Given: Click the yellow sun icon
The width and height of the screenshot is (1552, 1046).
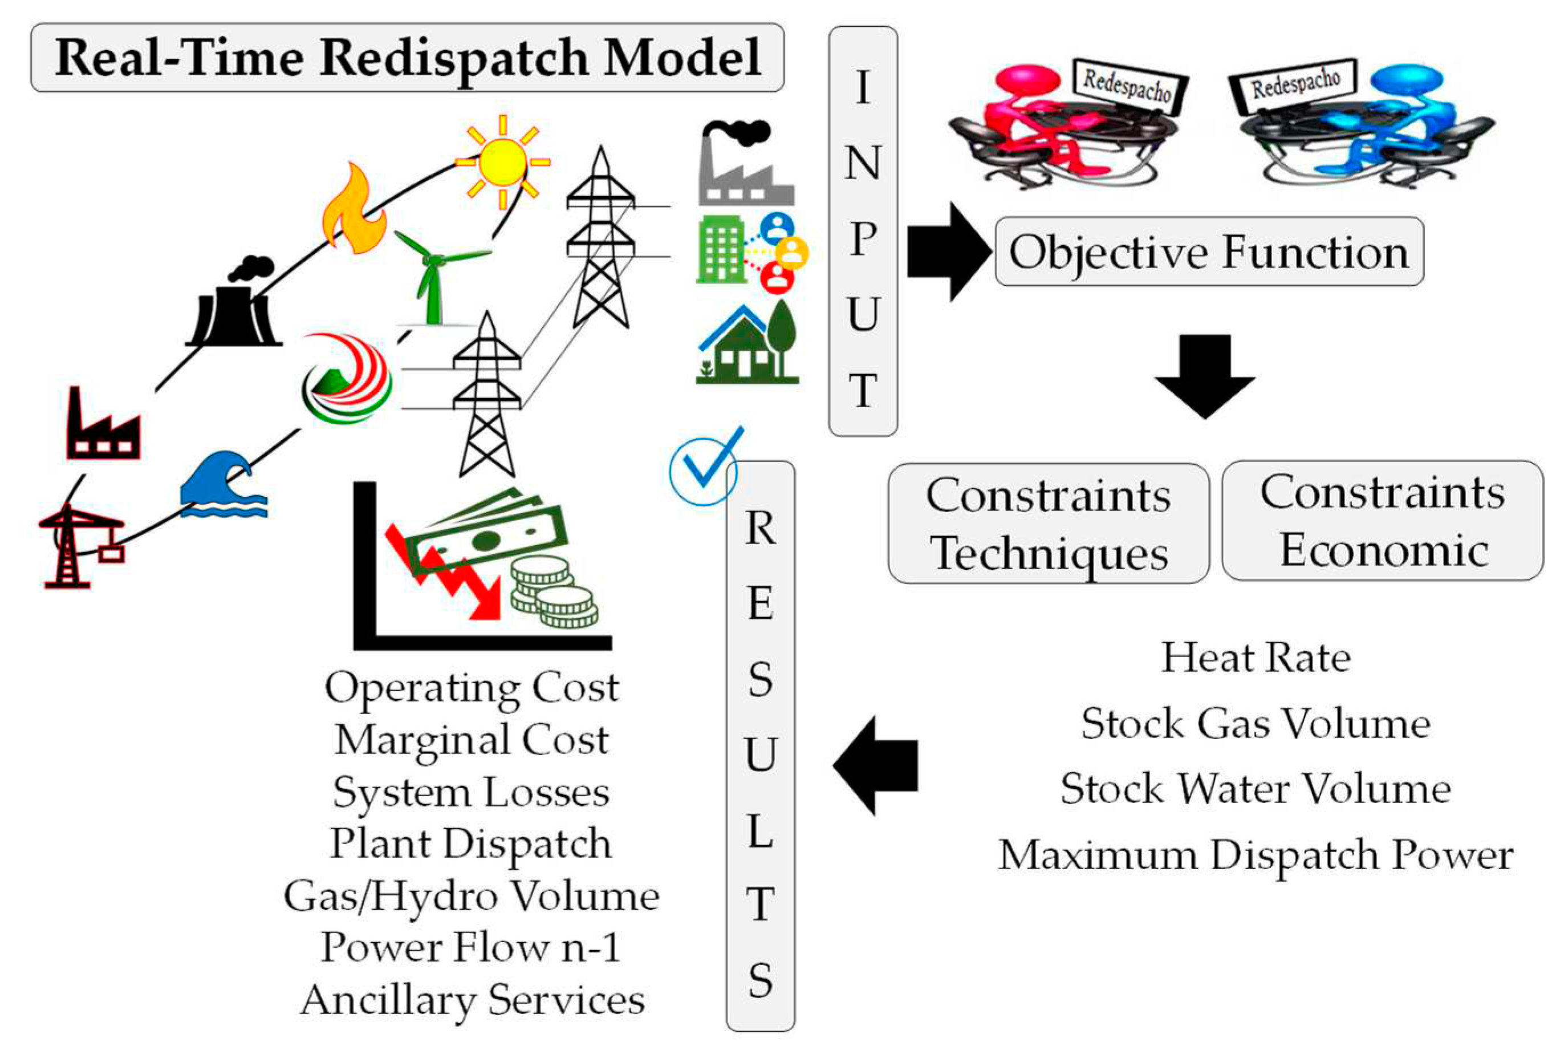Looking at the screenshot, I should tap(502, 162).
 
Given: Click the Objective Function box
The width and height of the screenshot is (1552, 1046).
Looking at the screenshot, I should tap(1209, 252).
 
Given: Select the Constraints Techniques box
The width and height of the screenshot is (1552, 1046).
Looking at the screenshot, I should tap(1048, 524).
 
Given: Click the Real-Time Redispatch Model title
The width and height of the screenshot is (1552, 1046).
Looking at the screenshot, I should tap(407, 58).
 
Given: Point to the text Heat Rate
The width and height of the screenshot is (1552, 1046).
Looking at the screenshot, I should tap(1255, 658).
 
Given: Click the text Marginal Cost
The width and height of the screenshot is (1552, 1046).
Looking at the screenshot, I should tap(472, 740).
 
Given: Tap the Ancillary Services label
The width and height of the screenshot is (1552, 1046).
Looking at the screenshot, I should tap(472, 1000).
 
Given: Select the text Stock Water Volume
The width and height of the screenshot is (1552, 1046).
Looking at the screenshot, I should tap(1255, 789).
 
